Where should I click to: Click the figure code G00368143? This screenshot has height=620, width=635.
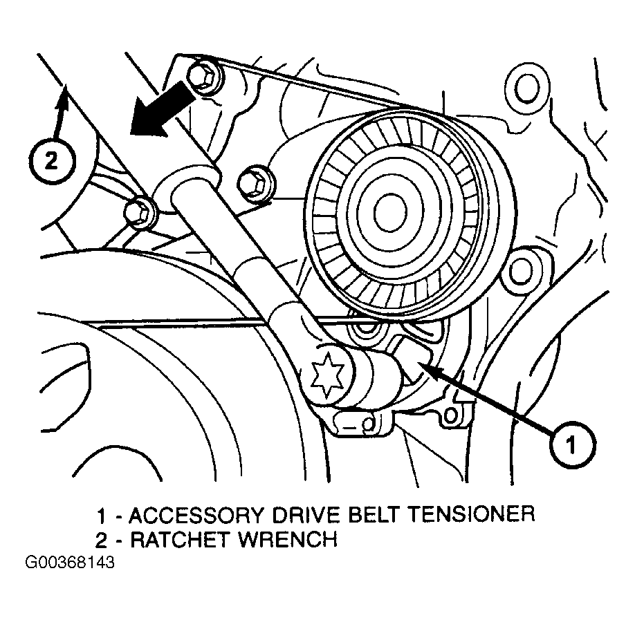pyautogui.click(x=69, y=563)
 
